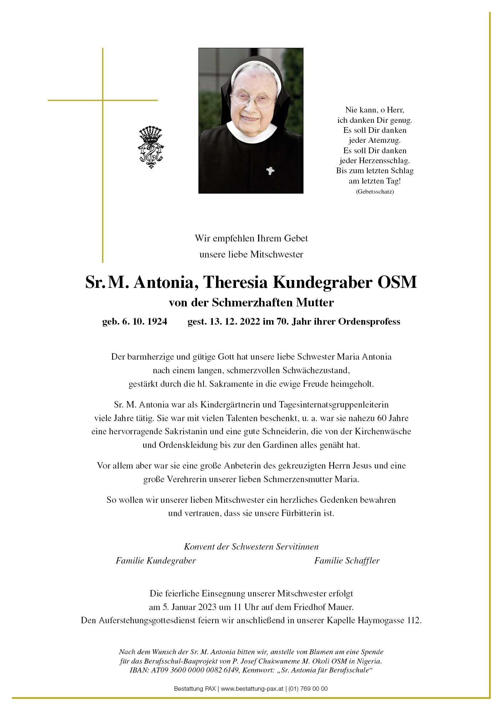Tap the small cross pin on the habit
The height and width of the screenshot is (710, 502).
click(270, 171)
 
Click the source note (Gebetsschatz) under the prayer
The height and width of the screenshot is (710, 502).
click(375, 192)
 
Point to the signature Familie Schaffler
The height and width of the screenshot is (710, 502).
click(347, 561)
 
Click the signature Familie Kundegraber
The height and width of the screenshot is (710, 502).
click(156, 561)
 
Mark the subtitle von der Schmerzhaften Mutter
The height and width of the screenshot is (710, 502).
click(251, 303)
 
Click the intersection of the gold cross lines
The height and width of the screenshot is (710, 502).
click(103, 100)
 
